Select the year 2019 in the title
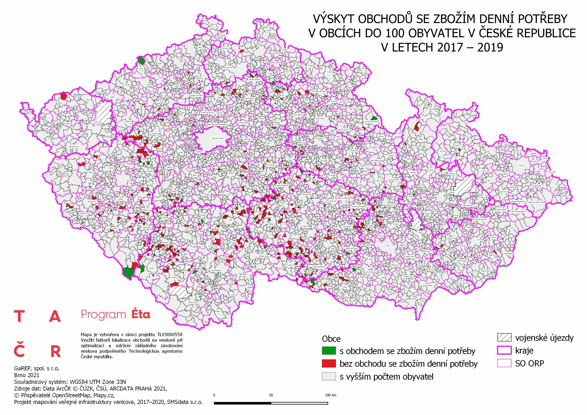(x=490, y=47)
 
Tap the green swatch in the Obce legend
(x=329, y=351)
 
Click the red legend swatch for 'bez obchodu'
(x=329, y=363)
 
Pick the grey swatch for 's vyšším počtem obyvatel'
(x=329, y=376)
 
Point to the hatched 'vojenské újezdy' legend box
(x=504, y=337)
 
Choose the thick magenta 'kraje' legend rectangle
(x=504, y=350)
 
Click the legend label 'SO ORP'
(x=530, y=363)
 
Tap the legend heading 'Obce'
(x=331, y=339)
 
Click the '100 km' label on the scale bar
(x=330, y=395)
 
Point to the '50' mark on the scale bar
(x=271, y=395)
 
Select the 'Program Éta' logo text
(x=115, y=314)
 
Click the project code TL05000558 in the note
(x=170, y=335)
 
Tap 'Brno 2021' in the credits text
(x=27, y=375)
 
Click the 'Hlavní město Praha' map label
(x=217, y=138)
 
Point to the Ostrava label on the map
(x=521, y=166)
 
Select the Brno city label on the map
(x=388, y=246)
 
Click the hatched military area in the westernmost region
(x=103, y=112)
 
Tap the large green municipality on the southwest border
(x=128, y=272)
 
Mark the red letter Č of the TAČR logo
(x=19, y=350)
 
